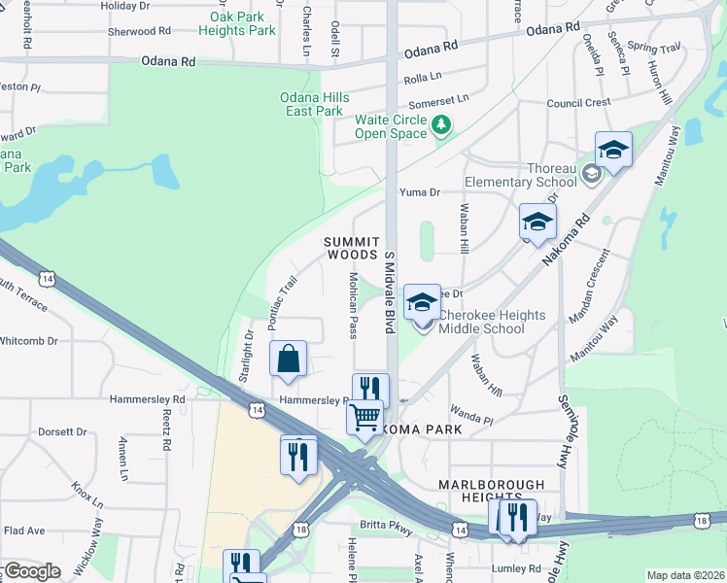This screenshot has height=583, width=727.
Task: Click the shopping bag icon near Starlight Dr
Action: tap(290, 360)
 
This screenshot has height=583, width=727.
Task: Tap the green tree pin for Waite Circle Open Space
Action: tap(441, 124)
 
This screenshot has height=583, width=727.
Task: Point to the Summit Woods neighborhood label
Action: tap(351, 247)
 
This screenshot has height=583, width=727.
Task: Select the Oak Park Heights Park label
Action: tap(237, 23)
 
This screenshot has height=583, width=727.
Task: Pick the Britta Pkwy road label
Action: tap(388, 525)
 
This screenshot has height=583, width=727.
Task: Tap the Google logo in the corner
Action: tap(32, 571)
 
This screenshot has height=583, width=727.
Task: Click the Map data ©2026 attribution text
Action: tap(684, 575)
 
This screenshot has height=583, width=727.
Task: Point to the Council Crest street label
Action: tap(578, 102)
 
